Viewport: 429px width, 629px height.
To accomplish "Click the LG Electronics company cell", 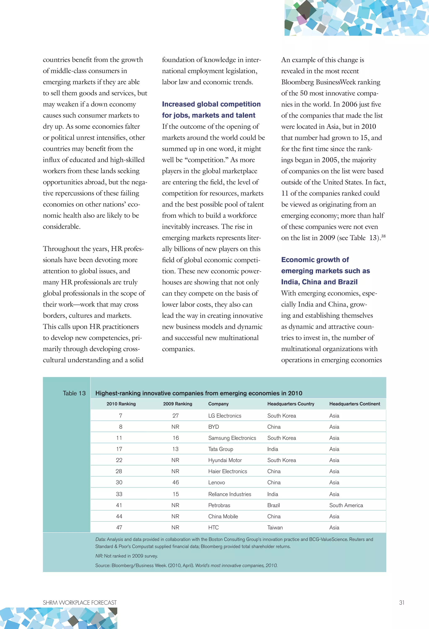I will (x=225, y=416).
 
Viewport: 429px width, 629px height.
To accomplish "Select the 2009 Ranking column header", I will (x=177, y=404).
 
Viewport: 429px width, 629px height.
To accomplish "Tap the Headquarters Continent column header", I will (x=354, y=404).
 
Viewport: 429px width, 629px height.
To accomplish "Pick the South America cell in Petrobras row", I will (x=346, y=505).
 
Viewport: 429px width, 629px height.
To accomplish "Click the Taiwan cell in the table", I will (x=275, y=527).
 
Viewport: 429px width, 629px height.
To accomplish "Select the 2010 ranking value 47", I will (x=119, y=527).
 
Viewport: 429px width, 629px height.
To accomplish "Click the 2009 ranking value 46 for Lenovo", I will (x=176, y=482).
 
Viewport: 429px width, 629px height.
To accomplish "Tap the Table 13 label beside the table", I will (x=74, y=393).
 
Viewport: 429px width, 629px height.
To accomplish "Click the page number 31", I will (x=402, y=602).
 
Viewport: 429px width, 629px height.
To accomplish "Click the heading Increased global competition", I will (x=211, y=104).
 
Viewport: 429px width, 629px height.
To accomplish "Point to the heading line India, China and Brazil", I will (x=319, y=282).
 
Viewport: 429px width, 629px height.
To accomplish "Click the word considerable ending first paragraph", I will (x=61, y=227).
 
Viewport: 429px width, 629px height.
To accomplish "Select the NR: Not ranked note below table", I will (x=126, y=556).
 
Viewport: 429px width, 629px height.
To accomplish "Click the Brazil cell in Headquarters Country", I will (x=273, y=505).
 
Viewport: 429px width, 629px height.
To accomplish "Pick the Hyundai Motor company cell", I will (x=225, y=460).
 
